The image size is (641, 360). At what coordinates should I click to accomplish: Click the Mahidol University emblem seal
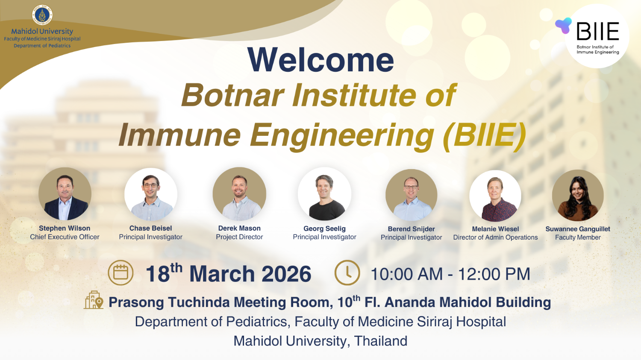(x=42, y=15)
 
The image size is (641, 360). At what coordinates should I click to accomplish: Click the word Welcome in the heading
(x=320, y=60)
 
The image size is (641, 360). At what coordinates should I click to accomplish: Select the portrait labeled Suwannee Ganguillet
(x=578, y=196)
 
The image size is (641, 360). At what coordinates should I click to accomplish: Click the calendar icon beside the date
(x=121, y=273)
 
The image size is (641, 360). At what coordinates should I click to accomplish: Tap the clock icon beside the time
(x=347, y=273)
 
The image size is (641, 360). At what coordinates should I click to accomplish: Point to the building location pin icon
(x=94, y=300)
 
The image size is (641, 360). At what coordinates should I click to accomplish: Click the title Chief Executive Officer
(x=65, y=237)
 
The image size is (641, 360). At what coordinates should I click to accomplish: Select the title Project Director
(x=239, y=237)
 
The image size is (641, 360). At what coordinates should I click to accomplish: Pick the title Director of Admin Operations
(x=495, y=237)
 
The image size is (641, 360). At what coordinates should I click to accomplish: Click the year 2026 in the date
(x=286, y=274)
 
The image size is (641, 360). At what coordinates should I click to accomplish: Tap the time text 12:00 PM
(x=494, y=274)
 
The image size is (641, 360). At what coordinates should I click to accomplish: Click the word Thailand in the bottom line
(x=381, y=341)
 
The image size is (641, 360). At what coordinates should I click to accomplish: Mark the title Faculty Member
(x=578, y=237)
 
